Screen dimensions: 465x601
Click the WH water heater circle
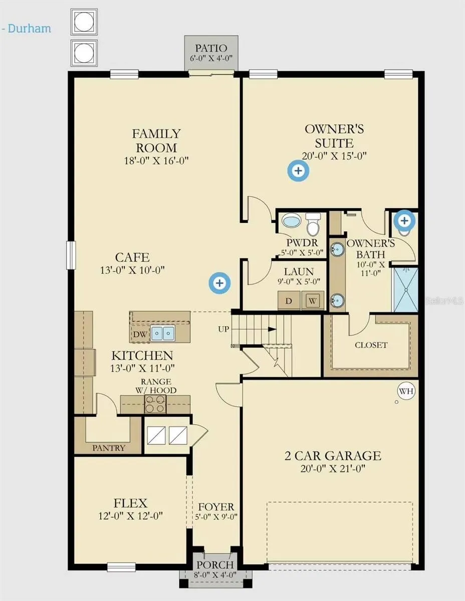click(x=406, y=391)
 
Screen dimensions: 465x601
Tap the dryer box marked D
click(x=289, y=300)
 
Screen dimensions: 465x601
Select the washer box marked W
click(x=313, y=300)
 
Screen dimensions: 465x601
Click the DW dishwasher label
click(x=140, y=335)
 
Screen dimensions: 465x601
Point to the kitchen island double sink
click(x=163, y=333)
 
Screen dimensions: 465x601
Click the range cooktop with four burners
click(x=155, y=404)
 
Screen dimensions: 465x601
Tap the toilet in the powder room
click(x=313, y=224)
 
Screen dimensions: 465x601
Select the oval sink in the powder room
click(x=291, y=221)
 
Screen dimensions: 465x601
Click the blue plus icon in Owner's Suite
click(x=298, y=171)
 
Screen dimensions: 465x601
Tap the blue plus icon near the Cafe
click(x=219, y=283)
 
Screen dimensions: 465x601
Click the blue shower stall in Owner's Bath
click(x=406, y=289)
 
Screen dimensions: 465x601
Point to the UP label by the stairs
click(x=223, y=329)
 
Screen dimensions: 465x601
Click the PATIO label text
click(x=211, y=48)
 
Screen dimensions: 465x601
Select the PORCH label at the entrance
click(x=215, y=564)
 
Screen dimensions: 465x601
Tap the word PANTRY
click(x=109, y=448)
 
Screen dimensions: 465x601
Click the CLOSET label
click(x=371, y=345)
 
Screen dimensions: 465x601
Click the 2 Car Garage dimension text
click(x=333, y=468)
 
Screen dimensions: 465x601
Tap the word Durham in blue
click(x=30, y=29)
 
